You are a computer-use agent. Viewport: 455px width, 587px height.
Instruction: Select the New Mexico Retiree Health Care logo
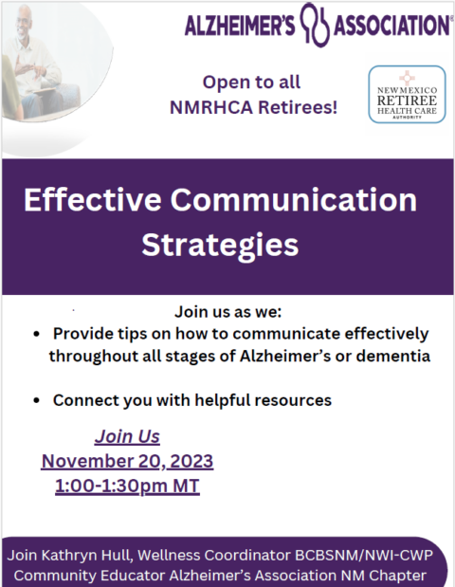pyautogui.click(x=406, y=94)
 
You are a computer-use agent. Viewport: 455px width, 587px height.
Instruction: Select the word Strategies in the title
pyautogui.click(x=220, y=245)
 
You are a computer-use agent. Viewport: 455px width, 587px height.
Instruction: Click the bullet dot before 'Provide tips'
pyautogui.click(x=35, y=335)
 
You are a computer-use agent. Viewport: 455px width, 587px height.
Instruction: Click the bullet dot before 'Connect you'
pyautogui.click(x=35, y=401)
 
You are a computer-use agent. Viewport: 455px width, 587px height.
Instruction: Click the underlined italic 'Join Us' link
pyautogui.click(x=127, y=437)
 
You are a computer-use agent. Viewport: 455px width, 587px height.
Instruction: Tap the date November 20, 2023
pyautogui.click(x=127, y=462)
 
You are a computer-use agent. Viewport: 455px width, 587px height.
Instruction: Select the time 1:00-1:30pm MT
pyautogui.click(x=127, y=486)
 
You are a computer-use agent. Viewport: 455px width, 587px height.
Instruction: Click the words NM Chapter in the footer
pyautogui.click(x=391, y=575)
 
